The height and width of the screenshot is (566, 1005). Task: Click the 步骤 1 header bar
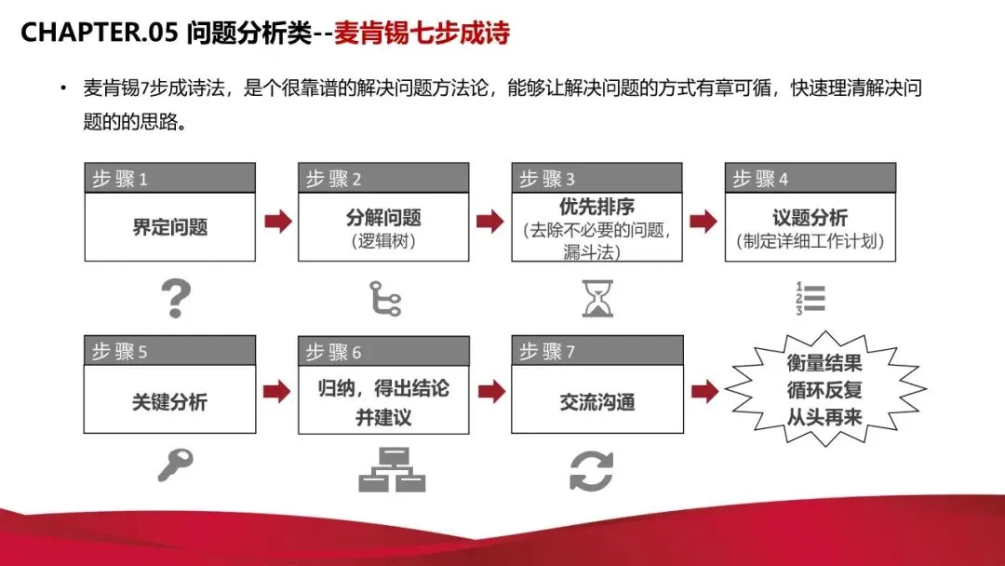point(169,179)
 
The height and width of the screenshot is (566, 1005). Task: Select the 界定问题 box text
point(169,227)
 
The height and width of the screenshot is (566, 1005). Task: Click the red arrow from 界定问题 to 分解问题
point(277,222)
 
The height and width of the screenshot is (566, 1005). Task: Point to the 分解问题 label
point(383,218)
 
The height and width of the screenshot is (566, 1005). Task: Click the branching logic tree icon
point(384,298)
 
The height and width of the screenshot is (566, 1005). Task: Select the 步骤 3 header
point(596,179)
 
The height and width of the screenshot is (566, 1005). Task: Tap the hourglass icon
point(597,298)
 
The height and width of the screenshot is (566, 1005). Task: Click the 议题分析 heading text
point(810,218)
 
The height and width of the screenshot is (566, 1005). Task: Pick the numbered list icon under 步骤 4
point(810,298)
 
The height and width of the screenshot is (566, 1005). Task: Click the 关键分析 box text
point(169,402)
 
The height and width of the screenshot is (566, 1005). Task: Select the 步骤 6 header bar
point(383,352)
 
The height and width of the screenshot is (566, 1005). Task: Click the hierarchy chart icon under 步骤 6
point(392,469)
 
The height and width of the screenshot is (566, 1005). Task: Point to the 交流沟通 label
point(596,402)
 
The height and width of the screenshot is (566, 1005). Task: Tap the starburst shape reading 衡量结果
point(824,389)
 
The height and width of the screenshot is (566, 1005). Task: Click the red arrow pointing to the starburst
point(705,392)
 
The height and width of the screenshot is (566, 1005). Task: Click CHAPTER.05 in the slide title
point(99,33)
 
